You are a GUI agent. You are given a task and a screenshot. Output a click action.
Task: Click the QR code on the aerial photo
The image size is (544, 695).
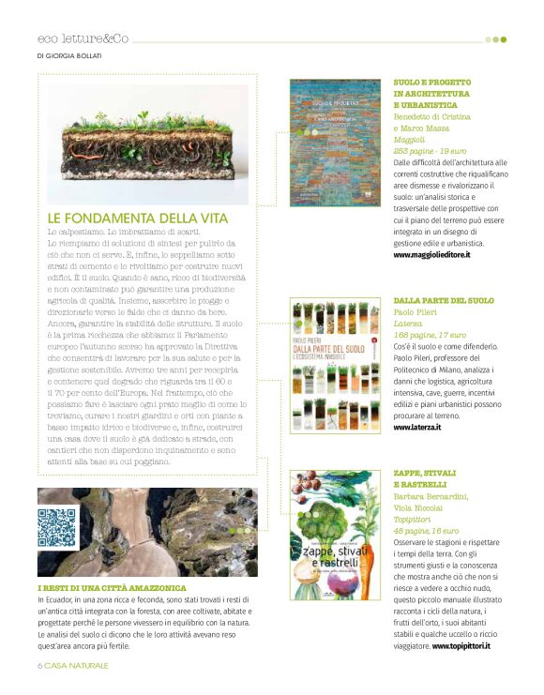56,527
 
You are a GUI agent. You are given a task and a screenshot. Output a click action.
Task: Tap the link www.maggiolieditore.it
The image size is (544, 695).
431,254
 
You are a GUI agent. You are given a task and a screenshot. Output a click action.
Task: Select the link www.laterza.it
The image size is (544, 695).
419,428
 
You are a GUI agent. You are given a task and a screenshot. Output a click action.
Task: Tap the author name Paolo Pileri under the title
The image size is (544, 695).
416,313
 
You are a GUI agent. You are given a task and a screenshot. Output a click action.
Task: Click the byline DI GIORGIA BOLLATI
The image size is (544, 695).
68,54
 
